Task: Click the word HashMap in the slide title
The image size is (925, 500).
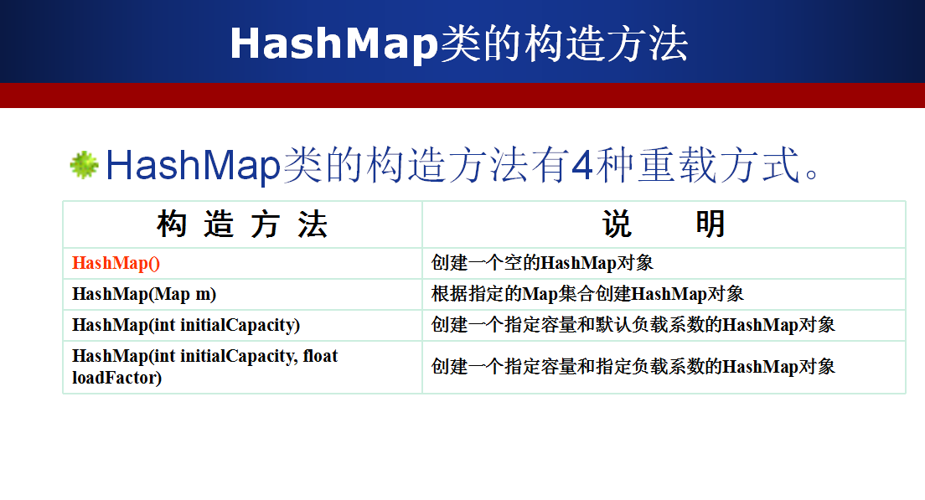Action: click(x=334, y=44)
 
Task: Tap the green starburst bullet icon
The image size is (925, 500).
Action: click(x=85, y=164)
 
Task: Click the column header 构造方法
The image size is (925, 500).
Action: click(x=242, y=224)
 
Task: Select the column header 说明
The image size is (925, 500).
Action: click(x=664, y=224)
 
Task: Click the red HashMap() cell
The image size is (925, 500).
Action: click(x=116, y=263)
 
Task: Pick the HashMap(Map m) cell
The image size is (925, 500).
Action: click(x=144, y=294)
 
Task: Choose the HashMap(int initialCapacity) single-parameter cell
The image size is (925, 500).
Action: click(x=186, y=325)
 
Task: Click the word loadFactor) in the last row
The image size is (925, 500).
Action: click(x=116, y=378)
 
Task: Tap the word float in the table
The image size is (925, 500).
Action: click(x=320, y=356)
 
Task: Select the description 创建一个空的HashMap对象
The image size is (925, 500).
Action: click(x=542, y=263)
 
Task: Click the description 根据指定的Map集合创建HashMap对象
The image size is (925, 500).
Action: click(x=587, y=294)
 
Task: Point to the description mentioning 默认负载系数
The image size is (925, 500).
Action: click(x=633, y=325)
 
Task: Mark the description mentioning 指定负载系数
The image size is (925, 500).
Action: click(x=633, y=367)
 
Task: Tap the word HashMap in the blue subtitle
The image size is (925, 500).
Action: click(x=193, y=165)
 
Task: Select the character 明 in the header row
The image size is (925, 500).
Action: click(x=711, y=224)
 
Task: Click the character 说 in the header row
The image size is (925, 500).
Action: click(x=617, y=224)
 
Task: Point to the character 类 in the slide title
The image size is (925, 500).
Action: click(x=460, y=44)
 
